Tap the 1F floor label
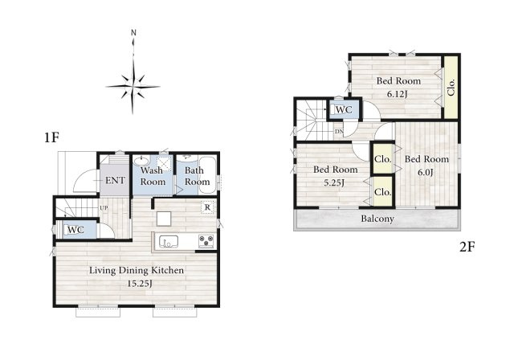point(51,137)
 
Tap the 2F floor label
point(467,247)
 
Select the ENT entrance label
point(115,180)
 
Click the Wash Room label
point(153,176)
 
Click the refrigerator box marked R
point(207,207)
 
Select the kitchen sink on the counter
point(169,242)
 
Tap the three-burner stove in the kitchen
point(206,241)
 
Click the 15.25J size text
point(140,284)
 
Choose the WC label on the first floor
point(75,230)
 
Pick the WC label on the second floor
point(344,110)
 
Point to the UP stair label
point(104,208)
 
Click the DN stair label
point(339,132)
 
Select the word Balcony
point(377,219)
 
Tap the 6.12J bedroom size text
point(398,95)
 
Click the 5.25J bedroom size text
point(334,182)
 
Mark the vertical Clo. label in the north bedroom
point(451,87)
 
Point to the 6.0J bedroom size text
point(425,172)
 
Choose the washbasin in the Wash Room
point(141,162)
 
